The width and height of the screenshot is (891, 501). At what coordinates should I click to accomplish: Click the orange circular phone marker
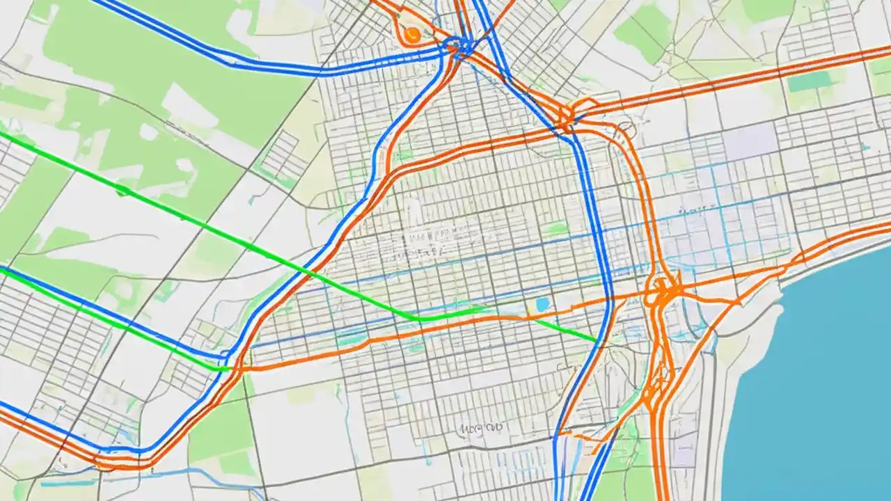pos(411,33)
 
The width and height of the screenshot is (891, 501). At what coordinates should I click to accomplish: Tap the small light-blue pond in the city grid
pos(542,305)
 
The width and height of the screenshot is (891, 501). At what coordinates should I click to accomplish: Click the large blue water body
pos(821,390)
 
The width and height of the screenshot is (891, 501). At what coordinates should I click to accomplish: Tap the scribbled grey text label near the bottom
pos(482,427)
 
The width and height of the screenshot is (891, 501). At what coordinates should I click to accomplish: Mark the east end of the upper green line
pos(597,340)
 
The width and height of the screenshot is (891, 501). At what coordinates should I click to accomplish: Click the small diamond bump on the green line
pos(124,189)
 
